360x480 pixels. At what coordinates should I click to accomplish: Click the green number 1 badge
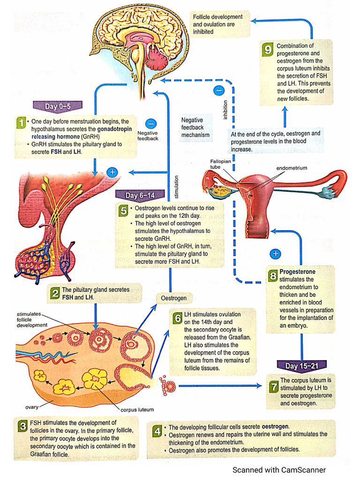(21, 123)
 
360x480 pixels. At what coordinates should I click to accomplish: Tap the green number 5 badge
(123, 210)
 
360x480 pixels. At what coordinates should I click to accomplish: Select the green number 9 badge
(268, 50)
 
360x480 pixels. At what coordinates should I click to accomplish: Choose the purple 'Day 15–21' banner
(301, 366)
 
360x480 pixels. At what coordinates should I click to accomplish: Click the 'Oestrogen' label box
(174, 298)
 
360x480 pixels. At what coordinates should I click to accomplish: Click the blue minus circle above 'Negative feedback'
(150, 124)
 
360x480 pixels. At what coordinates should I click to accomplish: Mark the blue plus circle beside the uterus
(276, 254)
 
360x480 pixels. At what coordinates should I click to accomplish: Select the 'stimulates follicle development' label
(32, 319)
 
